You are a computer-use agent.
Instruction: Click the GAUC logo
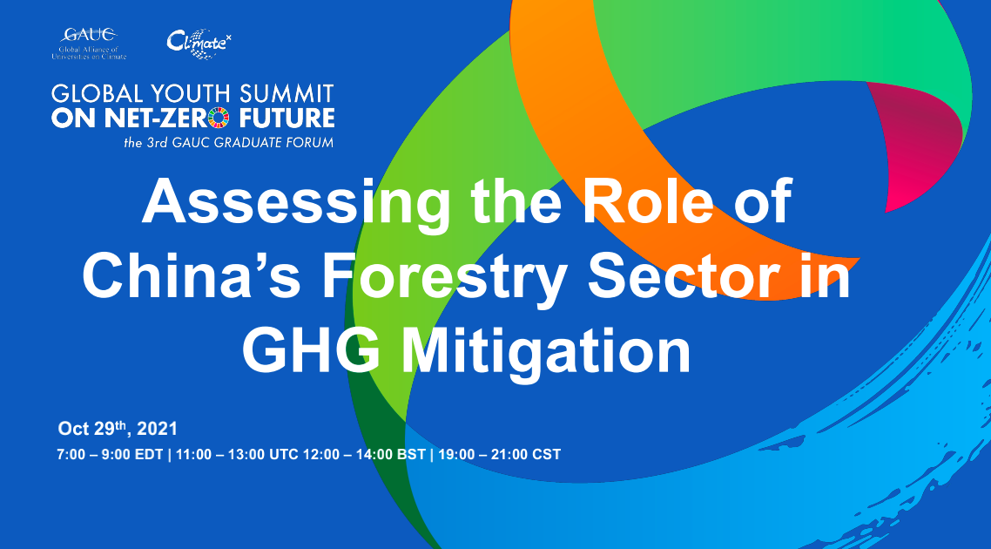pyautogui.click(x=89, y=44)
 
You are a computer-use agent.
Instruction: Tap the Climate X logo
pyautogui.click(x=199, y=44)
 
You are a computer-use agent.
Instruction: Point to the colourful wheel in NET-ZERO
pyautogui.click(x=219, y=118)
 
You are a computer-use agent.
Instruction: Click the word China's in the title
pyautogui.click(x=192, y=274)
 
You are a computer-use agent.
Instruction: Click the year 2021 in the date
pyautogui.click(x=157, y=429)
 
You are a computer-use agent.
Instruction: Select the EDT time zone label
pyautogui.click(x=149, y=454)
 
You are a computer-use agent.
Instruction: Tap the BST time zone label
pyautogui.click(x=411, y=454)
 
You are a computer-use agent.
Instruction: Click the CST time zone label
pyautogui.click(x=547, y=454)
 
